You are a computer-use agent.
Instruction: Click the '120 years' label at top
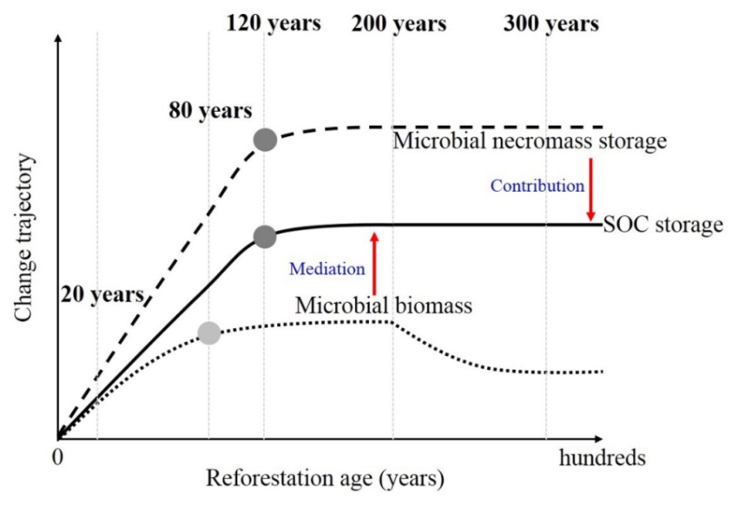point(273,24)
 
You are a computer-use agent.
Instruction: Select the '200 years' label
point(399,24)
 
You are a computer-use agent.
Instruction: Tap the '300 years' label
point(550,24)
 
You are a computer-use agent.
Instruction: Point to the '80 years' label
point(211,111)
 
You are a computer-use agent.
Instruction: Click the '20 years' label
point(102,294)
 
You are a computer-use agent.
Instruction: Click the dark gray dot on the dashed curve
point(265,139)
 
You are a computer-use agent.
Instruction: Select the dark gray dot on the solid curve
point(265,236)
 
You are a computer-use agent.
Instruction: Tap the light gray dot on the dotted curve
point(208,332)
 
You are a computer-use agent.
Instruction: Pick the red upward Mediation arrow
point(374,263)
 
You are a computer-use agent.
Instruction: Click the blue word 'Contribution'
point(537,185)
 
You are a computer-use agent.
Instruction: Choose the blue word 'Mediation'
point(327,268)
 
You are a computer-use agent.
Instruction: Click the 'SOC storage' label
point(663,226)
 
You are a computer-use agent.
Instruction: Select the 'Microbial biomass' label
point(383,306)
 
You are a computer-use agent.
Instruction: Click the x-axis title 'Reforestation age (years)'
point(325,478)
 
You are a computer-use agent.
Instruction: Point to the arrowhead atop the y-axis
point(57,40)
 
